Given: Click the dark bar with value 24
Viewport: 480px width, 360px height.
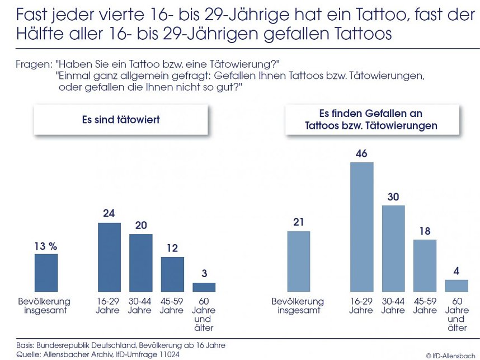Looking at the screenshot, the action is point(109,257).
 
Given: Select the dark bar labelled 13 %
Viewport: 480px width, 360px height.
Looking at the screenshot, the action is point(46,273).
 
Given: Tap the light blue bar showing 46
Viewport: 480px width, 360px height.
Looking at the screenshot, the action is point(361,227).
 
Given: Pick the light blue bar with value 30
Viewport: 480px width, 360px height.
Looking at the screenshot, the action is point(393,249).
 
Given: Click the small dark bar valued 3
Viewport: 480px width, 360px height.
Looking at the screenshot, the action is point(204,287).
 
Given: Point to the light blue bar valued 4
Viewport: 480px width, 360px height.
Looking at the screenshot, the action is point(457,286).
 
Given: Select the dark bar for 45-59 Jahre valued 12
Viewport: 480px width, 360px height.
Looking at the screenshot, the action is point(172,274).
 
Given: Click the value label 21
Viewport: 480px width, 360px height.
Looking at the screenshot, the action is point(298,222).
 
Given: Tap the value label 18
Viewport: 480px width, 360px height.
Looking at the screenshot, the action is point(425,231).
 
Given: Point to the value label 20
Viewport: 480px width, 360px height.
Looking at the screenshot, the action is point(140,225).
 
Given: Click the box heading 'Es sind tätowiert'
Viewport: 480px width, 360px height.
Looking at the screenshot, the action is point(120,119).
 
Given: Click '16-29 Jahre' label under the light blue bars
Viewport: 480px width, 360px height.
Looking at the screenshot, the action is point(361,306).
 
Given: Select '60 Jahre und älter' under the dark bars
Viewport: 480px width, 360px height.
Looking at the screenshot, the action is point(204,315).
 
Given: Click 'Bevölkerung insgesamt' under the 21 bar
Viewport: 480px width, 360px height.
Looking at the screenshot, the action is point(298,306).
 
